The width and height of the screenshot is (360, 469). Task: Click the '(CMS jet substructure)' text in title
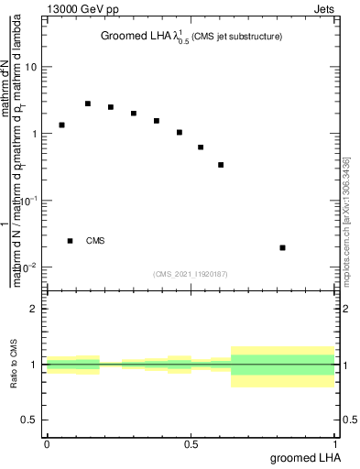point(236,37)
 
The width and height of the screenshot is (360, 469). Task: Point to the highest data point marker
point(88,104)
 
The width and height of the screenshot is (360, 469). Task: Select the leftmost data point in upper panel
point(61,125)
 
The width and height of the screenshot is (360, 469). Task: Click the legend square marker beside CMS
point(70,241)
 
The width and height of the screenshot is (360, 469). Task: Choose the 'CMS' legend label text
point(95,241)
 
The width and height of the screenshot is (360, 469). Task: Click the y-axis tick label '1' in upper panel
point(34,134)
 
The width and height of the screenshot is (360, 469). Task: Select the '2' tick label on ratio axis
point(34,309)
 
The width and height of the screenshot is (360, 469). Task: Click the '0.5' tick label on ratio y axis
point(29,420)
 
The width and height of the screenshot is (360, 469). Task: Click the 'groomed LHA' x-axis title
point(304,457)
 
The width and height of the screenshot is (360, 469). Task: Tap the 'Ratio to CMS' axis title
point(14,365)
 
